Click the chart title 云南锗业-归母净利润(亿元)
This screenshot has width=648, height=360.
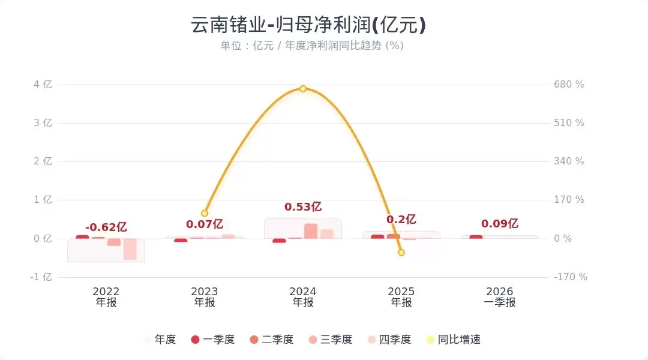coord(308,25)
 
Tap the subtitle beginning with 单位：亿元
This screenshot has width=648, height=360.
coord(311,46)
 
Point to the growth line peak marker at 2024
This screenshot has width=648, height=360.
coord(303,89)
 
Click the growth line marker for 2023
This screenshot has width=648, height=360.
coord(205,213)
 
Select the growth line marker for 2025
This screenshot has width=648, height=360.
coord(401,253)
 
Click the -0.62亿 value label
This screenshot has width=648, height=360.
coord(106,227)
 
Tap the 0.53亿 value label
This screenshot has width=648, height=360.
coord(303,207)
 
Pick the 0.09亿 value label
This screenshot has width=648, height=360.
coord(500,224)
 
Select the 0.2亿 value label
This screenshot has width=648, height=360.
coord(401,220)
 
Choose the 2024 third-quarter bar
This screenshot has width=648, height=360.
coord(311,231)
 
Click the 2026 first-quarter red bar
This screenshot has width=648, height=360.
coord(476,237)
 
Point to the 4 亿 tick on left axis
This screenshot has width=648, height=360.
coord(43,85)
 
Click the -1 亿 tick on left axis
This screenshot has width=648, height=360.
coord(42,277)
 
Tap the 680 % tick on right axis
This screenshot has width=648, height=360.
coord(568,85)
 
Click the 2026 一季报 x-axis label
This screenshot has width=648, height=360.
coord(500,297)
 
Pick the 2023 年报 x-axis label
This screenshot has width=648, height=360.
coord(205,297)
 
